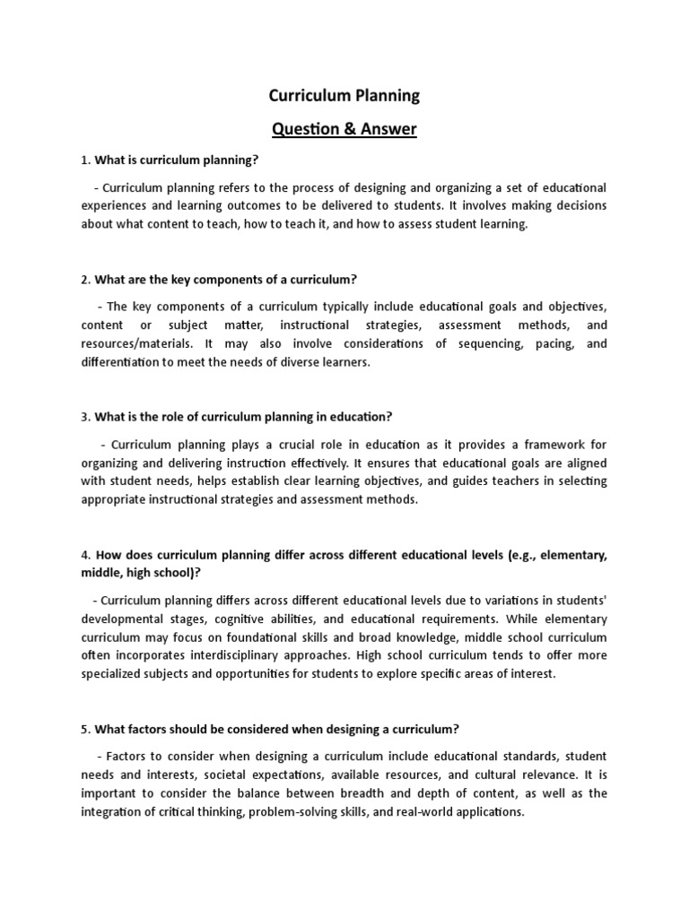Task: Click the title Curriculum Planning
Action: [344, 95]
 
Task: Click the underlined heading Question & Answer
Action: [344, 129]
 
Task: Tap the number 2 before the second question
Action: [84, 280]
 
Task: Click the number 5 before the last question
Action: [84, 728]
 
